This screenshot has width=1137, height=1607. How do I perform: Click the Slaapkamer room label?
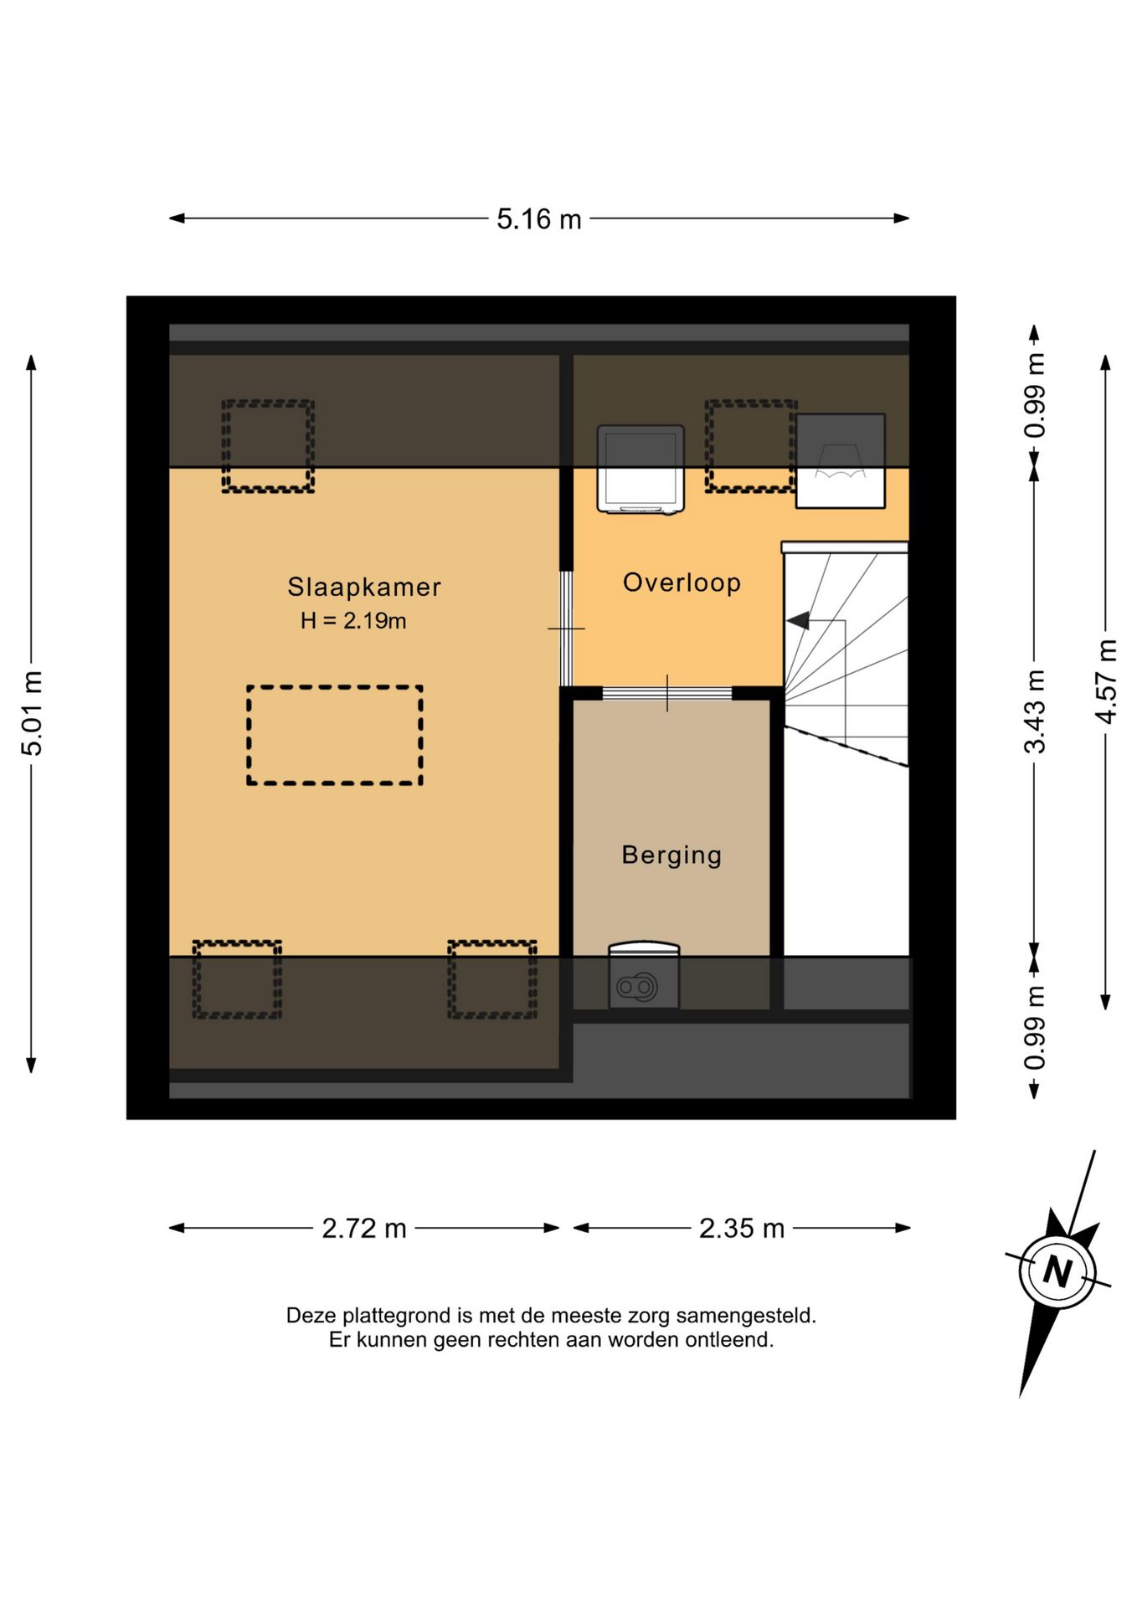[364, 587]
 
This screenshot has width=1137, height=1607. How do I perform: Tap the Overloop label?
[682, 583]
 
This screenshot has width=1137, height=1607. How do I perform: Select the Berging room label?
[671, 855]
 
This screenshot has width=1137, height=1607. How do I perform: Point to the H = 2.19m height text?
[353, 621]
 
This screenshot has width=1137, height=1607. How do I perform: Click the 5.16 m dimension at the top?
[539, 219]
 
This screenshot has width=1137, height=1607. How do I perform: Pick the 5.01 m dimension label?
[32, 713]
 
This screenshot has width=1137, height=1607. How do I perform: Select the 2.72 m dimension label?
[364, 1229]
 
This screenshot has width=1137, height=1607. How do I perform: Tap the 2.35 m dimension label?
[742, 1229]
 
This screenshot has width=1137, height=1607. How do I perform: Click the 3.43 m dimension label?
[1035, 711]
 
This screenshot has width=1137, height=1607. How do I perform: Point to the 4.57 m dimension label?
[1106, 682]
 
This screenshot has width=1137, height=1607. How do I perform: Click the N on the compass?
[1057, 1272]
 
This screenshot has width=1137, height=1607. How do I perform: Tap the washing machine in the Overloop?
[641, 469]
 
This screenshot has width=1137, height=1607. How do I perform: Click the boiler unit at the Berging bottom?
[644, 977]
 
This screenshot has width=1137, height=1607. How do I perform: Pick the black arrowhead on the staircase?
[798, 620]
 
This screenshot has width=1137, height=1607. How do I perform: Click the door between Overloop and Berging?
[667, 693]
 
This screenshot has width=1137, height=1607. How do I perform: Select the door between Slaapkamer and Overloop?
[566, 629]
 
